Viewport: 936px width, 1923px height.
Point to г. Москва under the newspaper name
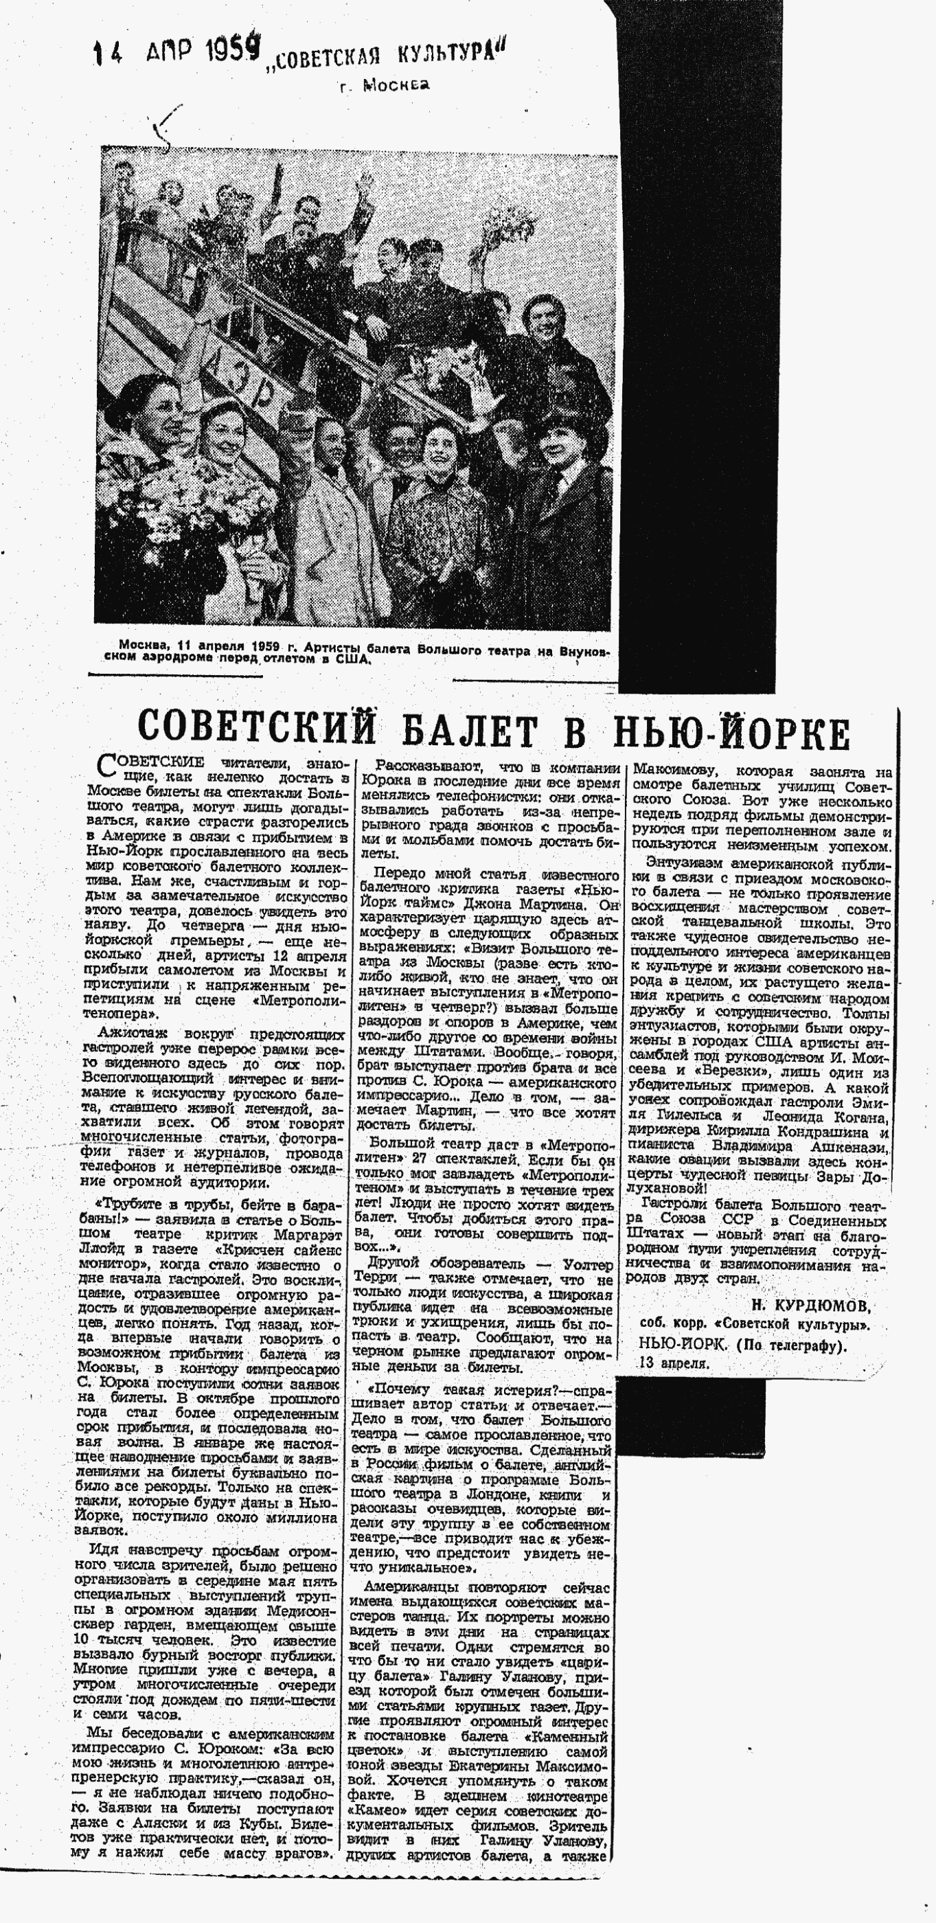point(385,86)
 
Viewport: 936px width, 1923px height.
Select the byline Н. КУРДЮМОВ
point(810,1306)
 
